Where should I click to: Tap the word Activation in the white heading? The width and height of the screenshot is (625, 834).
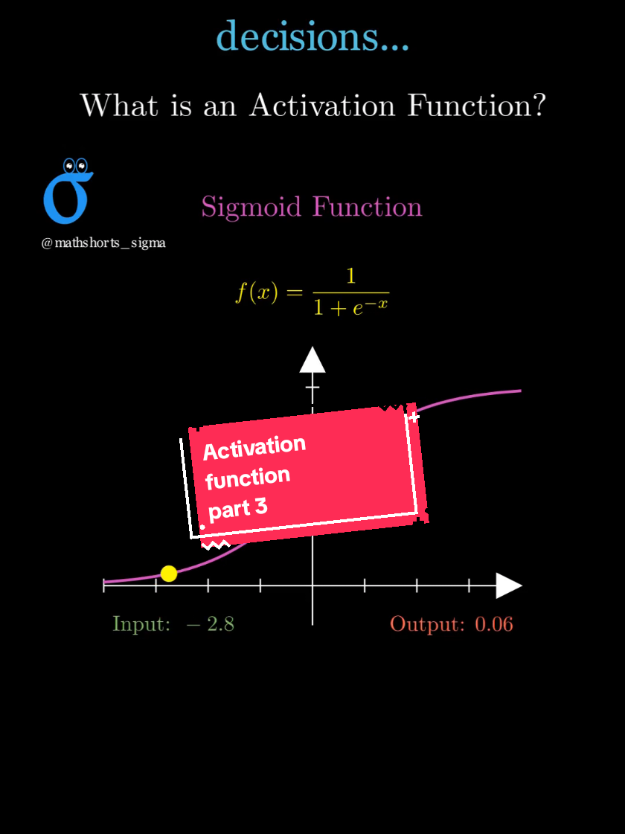point(322,106)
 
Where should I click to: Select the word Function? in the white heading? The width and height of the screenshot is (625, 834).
point(477,106)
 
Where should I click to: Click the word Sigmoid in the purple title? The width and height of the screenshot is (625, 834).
point(251,206)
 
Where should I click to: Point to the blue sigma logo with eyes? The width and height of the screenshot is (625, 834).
point(67,191)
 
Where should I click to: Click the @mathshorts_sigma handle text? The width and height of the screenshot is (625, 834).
point(103,243)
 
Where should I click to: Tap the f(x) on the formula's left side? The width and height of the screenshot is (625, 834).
point(257,293)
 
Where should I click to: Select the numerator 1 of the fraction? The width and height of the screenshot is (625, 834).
point(350,277)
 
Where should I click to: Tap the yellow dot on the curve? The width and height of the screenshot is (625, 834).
point(169,574)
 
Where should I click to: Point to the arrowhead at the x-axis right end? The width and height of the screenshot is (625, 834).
point(509,586)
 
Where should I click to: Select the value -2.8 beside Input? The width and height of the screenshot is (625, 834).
point(210,623)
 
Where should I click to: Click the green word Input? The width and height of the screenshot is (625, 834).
point(141,623)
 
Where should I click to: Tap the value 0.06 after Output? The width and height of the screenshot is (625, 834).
point(493,623)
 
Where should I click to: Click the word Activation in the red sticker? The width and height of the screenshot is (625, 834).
point(254,448)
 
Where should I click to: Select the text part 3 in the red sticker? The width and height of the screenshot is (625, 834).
point(237,509)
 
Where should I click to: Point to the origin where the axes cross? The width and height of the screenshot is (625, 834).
point(312,586)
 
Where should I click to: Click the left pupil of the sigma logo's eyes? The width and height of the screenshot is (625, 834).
point(68,165)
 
